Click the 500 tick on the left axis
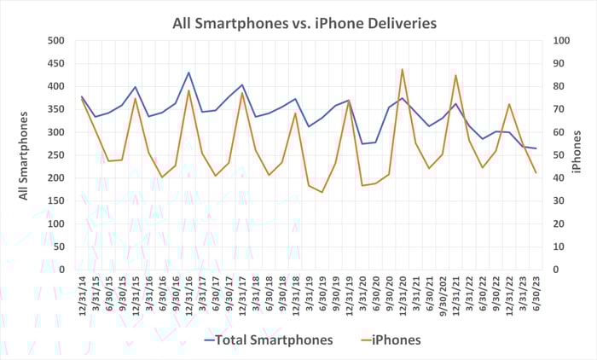click(55, 40)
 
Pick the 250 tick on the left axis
click(55, 155)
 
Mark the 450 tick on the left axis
click(55, 63)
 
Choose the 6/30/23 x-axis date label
click(536, 294)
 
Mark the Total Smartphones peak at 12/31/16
click(188, 73)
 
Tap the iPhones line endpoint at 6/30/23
click(536, 173)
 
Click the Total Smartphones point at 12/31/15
click(136, 87)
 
